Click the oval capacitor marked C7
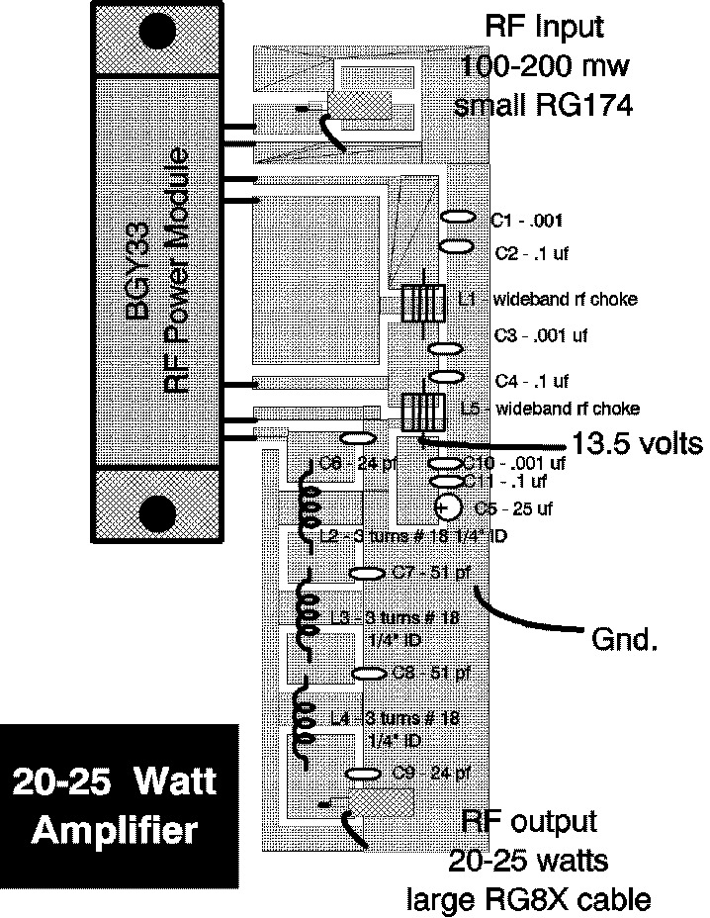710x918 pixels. (367, 573)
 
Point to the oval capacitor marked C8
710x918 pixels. (368, 673)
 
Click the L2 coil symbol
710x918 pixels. (309, 505)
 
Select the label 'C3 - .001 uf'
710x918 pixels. (542, 335)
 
